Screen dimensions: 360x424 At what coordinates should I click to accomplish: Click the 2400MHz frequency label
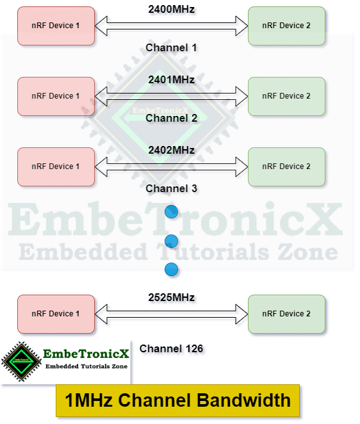click(171, 9)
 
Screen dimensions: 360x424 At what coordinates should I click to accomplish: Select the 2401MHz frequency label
click(171, 80)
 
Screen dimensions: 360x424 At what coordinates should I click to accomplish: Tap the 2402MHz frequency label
click(171, 150)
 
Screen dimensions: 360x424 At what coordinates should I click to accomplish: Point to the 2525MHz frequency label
click(171, 297)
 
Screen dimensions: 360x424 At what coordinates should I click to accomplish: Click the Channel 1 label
click(171, 47)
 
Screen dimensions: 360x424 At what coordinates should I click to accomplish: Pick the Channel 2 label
click(171, 118)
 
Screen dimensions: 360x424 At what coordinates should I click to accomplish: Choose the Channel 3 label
click(171, 188)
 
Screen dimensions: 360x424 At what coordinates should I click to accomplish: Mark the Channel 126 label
click(171, 348)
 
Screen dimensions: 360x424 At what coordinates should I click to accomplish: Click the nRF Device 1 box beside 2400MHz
click(56, 26)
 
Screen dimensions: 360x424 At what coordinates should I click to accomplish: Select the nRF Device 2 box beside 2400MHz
click(286, 26)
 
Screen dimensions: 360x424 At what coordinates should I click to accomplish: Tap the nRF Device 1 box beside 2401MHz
click(56, 96)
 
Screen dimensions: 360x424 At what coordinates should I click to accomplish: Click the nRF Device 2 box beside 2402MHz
click(286, 167)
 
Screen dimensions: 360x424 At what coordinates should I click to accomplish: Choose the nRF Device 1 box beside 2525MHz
click(56, 314)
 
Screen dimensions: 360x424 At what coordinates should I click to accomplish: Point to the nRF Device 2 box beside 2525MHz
click(286, 314)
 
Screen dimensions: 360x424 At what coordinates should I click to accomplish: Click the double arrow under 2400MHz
click(171, 26)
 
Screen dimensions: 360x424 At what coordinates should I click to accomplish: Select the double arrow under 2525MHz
click(171, 314)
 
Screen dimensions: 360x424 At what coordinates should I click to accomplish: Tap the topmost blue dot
click(171, 211)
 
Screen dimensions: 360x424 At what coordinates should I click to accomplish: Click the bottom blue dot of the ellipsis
click(171, 270)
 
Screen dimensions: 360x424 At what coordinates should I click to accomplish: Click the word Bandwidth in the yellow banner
click(243, 400)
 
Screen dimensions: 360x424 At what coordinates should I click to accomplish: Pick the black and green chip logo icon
click(21, 361)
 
